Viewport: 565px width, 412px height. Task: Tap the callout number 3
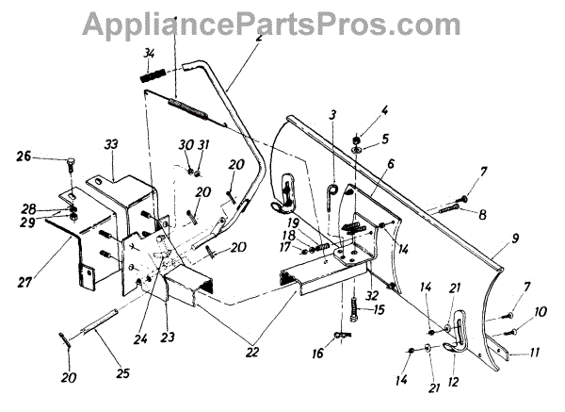tap(332, 116)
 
